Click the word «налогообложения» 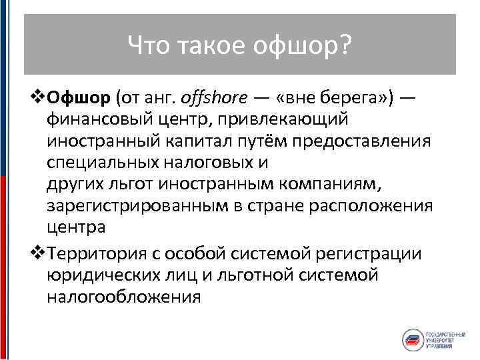(x=123, y=296)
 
